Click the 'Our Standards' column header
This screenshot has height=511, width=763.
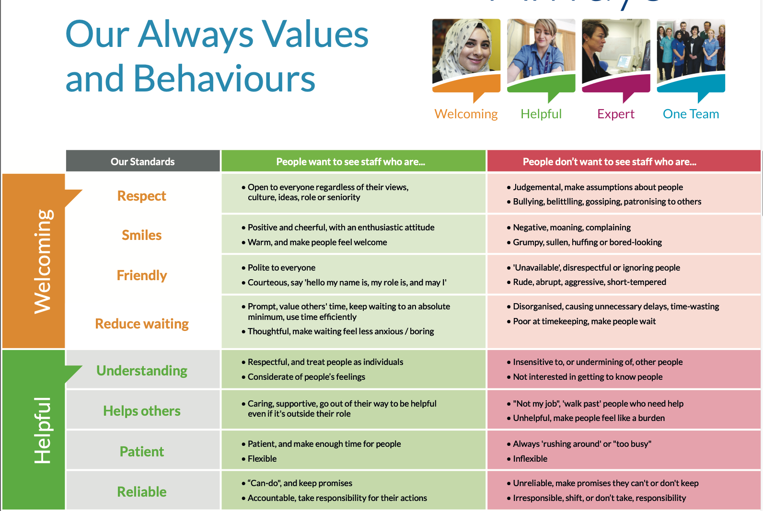pos(142,161)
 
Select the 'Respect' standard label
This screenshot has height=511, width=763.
pos(142,196)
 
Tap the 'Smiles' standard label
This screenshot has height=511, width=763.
pos(142,235)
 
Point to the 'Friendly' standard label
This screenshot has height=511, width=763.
pos(142,275)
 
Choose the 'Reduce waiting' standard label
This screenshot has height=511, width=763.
pos(142,323)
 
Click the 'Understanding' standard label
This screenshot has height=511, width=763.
pos(142,370)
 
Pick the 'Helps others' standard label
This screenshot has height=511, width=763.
pos(142,411)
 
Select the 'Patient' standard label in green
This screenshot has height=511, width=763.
pos(142,452)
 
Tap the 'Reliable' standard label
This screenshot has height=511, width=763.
pos(142,491)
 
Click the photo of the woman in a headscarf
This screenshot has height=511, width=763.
pos(466,51)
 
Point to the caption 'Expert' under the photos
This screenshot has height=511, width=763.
pos(616,114)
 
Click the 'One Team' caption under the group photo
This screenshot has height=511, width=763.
pos(691,114)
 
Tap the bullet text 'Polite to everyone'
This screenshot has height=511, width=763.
pos(281,268)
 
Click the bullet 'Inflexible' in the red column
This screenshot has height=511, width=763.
pos(530,459)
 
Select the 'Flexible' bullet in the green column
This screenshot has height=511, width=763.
pos(262,459)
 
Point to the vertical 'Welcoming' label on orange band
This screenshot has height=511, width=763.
pos(43,261)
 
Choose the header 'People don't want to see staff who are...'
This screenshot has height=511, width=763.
pos(609,161)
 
